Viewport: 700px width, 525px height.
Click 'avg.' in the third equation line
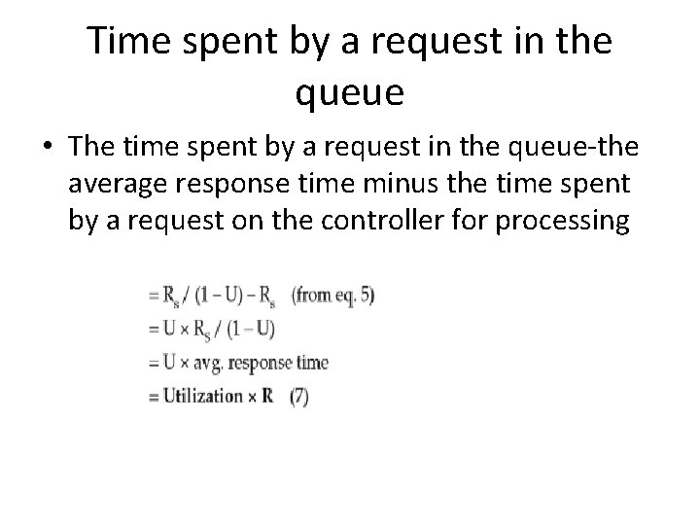206,364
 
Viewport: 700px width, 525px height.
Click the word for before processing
470,223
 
